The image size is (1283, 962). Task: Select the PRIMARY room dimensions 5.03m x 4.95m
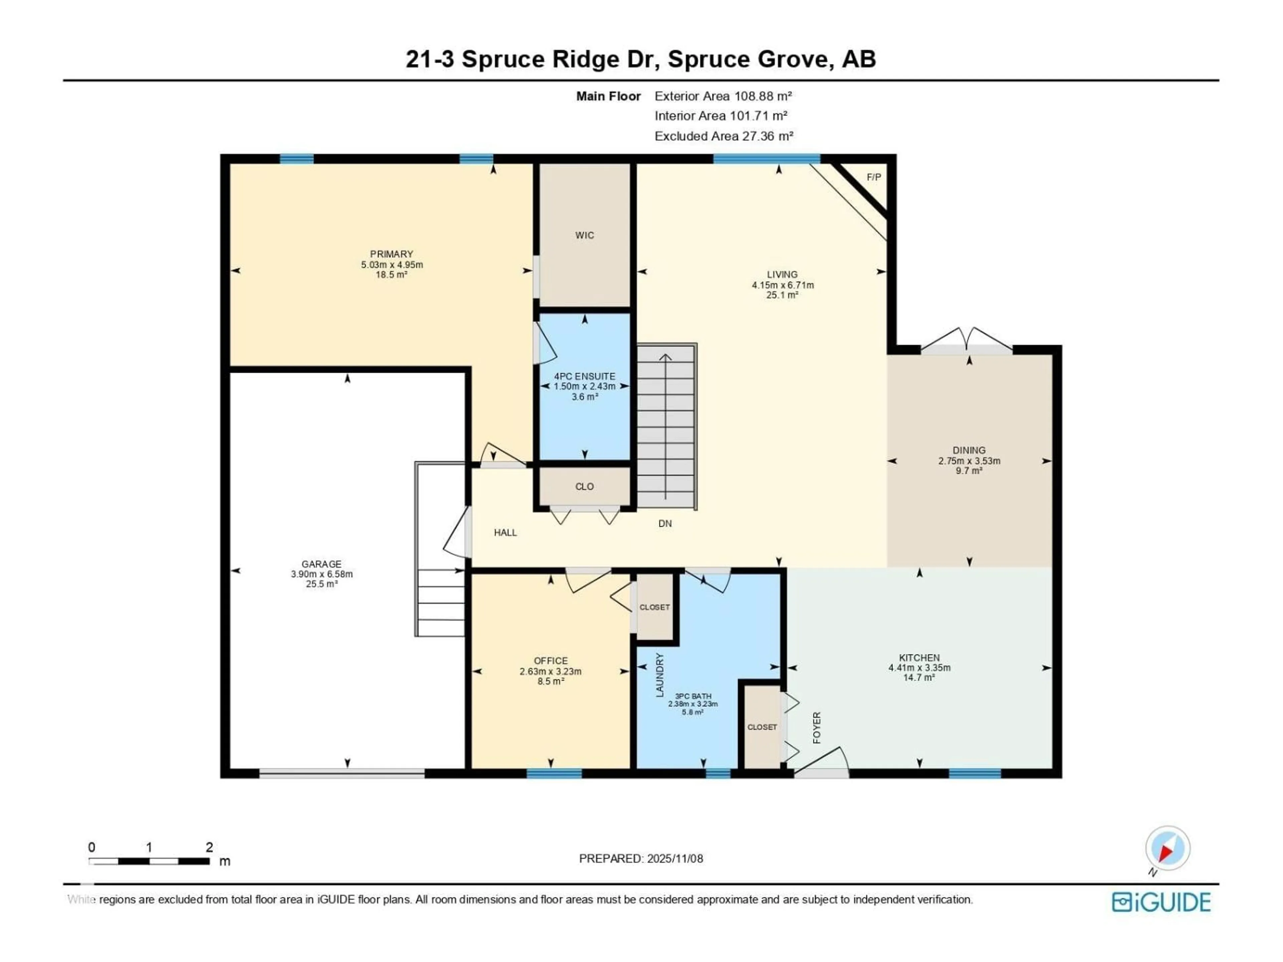pyautogui.click(x=392, y=265)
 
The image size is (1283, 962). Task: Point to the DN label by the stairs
pyautogui.click(x=665, y=524)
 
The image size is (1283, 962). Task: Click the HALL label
pyautogui.click(x=505, y=533)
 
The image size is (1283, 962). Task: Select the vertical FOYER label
pyautogui.click(x=817, y=728)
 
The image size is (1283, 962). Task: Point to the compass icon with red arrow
pyautogui.click(x=1168, y=849)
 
